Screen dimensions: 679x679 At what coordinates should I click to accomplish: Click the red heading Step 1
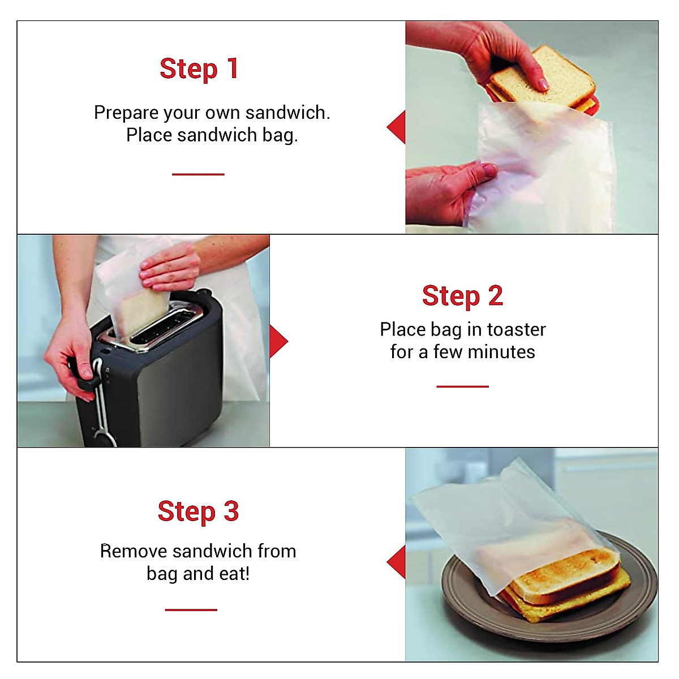pos(199,70)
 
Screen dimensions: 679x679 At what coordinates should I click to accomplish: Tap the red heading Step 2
pos(462,296)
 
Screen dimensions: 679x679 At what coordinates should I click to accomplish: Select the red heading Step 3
pos(198,512)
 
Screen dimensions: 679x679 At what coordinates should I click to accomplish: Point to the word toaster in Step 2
pos(516,329)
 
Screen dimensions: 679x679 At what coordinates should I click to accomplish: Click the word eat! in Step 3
pos(234,574)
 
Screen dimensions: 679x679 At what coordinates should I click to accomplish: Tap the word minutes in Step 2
pos(505,352)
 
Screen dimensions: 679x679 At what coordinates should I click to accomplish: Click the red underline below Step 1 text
pos(198,174)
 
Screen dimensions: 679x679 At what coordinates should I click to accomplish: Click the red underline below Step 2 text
pos(462,386)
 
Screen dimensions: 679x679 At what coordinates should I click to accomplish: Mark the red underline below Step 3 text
pos(191,610)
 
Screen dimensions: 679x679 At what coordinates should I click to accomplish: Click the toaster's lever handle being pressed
pos(85,377)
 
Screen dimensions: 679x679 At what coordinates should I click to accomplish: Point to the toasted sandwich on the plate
pos(566,583)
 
